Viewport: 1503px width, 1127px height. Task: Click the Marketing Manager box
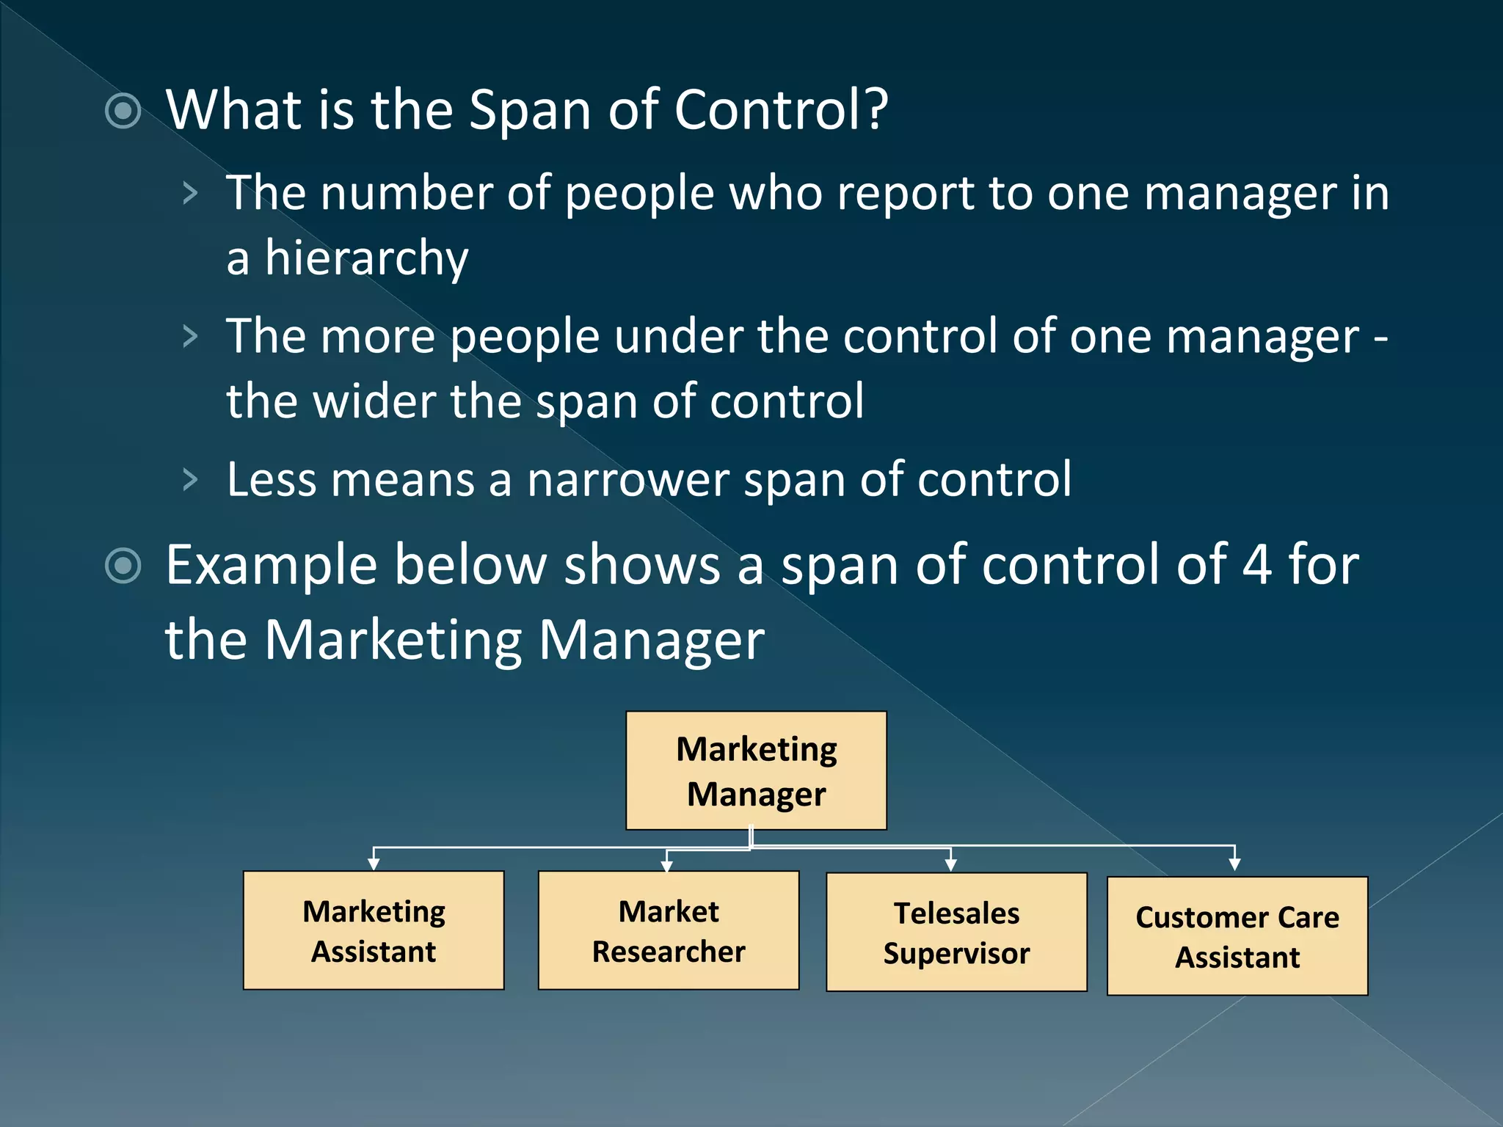coord(756,770)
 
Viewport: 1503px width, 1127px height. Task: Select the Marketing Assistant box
coord(374,930)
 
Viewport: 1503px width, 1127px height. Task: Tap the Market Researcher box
coord(669,930)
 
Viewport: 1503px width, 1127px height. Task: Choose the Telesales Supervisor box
coord(956,932)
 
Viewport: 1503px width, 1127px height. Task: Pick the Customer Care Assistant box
coord(1237,936)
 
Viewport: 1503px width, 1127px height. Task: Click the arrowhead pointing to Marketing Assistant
coord(374,864)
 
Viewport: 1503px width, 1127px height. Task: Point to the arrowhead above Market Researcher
coord(666,866)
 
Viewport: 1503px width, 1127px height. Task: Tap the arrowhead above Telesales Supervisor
coord(951,865)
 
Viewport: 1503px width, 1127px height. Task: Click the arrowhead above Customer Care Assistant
coord(1235,864)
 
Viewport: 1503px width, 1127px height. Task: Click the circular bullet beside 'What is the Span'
coord(123,112)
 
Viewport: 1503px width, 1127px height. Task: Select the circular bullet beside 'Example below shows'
coord(123,566)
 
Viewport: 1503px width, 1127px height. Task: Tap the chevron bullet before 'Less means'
coord(190,480)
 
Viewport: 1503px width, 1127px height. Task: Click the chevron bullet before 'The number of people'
coord(190,194)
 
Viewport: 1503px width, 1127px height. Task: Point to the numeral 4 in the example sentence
coord(1256,565)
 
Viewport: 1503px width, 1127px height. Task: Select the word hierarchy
coord(366,258)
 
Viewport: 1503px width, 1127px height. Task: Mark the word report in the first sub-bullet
coord(906,194)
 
